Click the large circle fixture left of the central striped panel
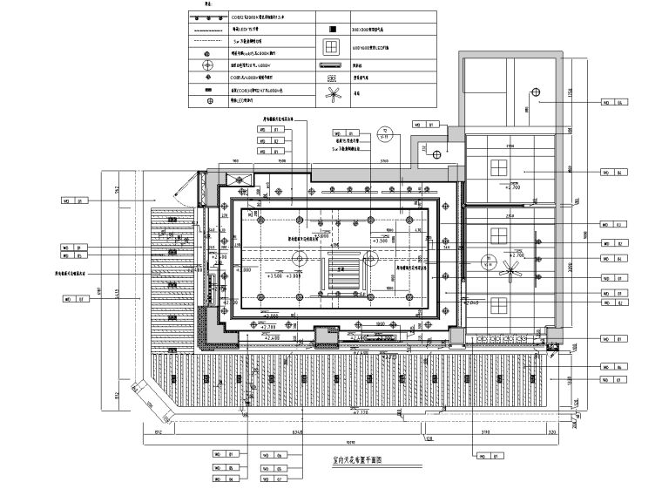[298, 259]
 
